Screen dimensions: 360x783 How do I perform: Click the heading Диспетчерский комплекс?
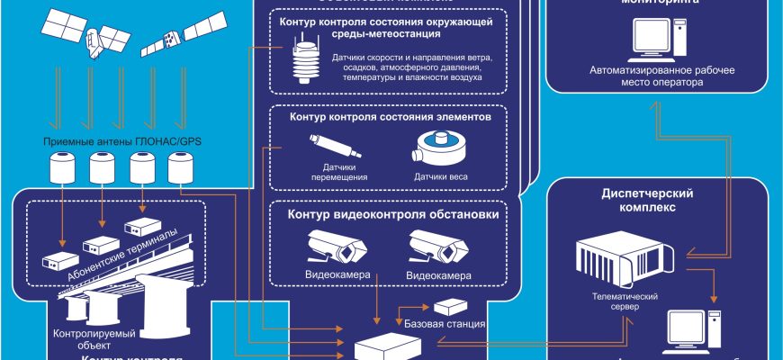646,199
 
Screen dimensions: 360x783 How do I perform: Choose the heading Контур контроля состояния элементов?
390,117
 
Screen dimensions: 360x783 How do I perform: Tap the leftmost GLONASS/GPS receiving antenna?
63,167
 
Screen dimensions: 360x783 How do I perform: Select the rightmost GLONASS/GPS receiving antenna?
182,167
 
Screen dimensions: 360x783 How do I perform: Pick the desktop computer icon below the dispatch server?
692,333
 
